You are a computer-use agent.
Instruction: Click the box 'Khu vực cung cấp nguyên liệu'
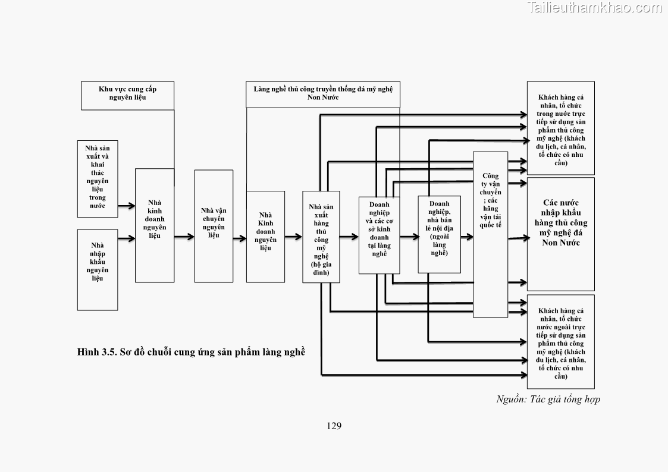127,95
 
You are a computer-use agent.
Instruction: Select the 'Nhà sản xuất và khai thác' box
98,178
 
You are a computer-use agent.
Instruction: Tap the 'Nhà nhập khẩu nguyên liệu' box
98,269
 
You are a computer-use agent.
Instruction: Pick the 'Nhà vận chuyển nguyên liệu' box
214,226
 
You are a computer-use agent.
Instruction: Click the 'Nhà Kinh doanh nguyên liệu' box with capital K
265,236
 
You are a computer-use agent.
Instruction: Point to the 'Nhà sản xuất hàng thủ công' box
321,237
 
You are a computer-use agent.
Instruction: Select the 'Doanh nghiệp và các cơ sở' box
379,235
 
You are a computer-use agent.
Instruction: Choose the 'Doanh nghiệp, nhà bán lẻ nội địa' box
439,234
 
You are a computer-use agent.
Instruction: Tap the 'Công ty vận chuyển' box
490,234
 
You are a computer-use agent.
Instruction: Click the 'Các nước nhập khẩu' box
560,234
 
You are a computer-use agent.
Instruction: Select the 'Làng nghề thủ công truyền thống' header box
322,94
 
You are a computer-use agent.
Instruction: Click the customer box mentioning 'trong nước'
560,128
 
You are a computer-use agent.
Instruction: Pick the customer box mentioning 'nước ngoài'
560,341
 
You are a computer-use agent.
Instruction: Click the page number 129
334,426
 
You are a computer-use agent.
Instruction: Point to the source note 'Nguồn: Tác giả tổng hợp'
548,399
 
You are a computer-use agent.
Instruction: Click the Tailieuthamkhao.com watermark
594,8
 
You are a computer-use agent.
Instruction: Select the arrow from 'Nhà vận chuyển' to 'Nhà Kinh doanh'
240,238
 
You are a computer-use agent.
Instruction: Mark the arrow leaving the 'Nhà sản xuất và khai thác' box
126,206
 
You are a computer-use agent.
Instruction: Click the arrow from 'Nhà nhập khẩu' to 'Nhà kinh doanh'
126,238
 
